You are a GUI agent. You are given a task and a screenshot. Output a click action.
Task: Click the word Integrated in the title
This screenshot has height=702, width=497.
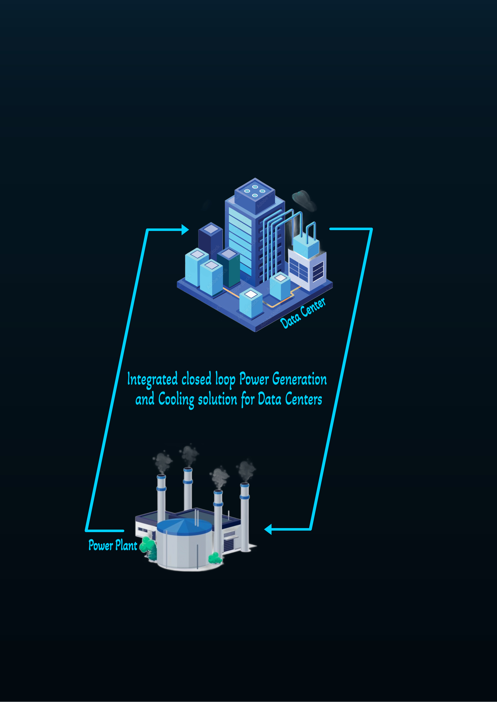(152, 379)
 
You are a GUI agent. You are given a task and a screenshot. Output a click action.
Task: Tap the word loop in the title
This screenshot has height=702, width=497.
(225, 379)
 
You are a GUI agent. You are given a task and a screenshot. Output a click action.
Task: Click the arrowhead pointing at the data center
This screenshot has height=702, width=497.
(185, 229)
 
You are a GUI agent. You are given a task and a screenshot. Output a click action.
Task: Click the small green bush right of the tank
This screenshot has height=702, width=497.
(215, 557)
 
